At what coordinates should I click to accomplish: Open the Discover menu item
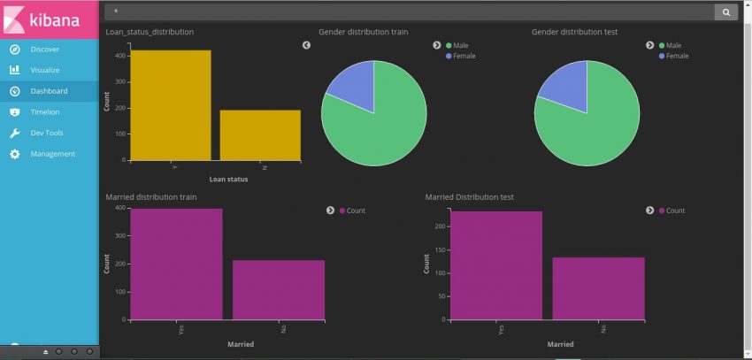tap(44, 49)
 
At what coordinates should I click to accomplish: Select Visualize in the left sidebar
tap(45, 70)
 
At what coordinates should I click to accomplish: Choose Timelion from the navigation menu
tap(45, 111)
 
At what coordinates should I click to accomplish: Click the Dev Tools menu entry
tap(47, 133)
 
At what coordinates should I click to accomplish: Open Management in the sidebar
tap(52, 154)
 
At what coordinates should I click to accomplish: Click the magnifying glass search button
tap(726, 12)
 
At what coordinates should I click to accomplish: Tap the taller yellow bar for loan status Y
tap(170, 105)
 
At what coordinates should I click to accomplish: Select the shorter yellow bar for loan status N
tap(260, 134)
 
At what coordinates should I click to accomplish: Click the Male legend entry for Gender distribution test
tap(673, 45)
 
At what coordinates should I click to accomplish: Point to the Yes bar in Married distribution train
tap(176, 264)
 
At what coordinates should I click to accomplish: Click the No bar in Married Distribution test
tap(598, 287)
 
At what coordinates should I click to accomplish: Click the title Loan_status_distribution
tap(150, 32)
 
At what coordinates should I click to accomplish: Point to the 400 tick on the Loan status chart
tap(121, 55)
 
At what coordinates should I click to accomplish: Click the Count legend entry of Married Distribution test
tap(674, 211)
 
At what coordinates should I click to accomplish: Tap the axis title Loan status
tap(228, 180)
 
